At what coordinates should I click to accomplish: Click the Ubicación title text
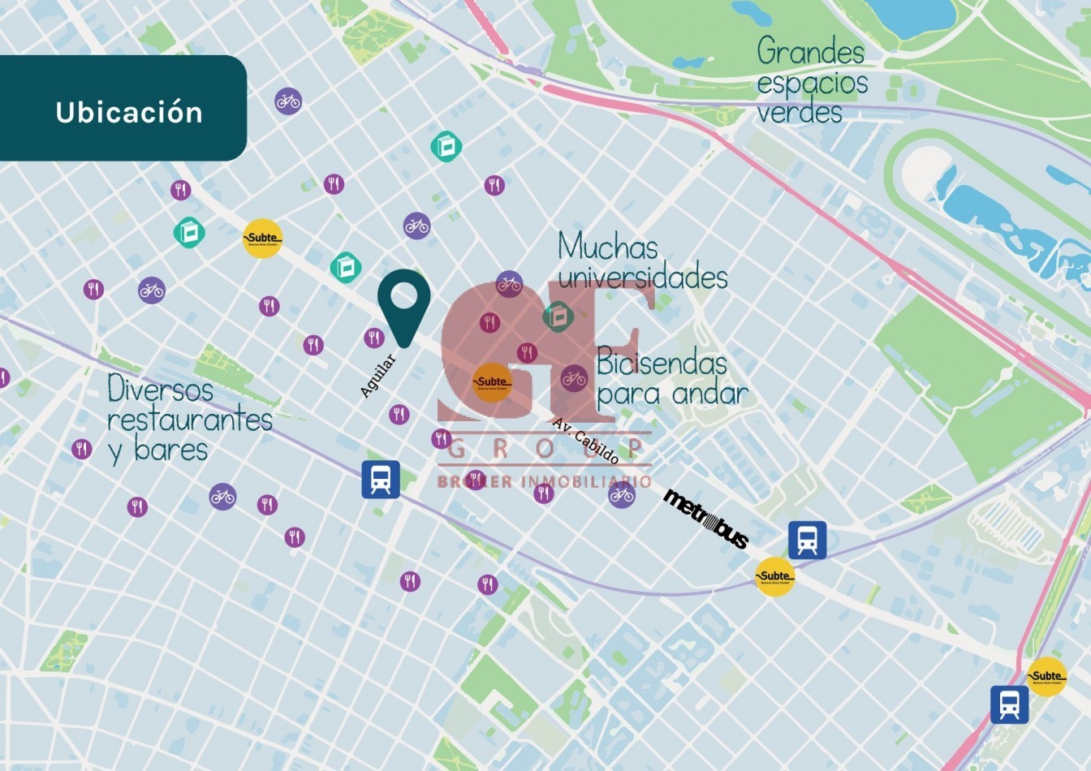point(129,112)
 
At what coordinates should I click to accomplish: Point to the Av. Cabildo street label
point(585,441)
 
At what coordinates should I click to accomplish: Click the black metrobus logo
point(706,519)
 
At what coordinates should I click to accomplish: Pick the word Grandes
point(810,52)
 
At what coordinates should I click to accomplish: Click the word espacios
point(812,83)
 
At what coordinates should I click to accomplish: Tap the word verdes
point(800,112)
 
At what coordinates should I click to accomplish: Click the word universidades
point(643,278)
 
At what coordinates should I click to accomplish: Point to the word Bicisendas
point(662,364)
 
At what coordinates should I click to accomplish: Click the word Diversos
point(160,389)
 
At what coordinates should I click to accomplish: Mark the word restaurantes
point(190,420)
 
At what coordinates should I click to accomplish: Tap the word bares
point(171,450)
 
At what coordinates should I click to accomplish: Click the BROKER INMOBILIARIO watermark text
point(544,481)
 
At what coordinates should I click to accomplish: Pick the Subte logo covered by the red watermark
point(492,382)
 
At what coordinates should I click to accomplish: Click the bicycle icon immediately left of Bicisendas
point(574,377)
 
